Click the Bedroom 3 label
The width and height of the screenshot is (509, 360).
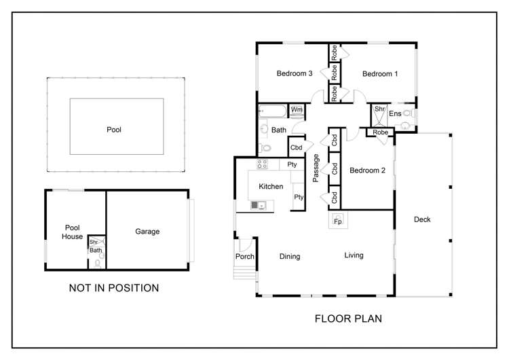pyautogui.click(x=295, y=73)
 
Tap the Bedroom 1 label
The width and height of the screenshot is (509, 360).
pyautogui.click(x=380, y=74)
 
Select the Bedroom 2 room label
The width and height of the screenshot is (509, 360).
pyautogui.click(x=367, y=170)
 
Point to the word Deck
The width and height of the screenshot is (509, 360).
pyautogui.click(x=422, y=219)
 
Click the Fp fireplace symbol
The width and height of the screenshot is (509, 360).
pyautogui.click(x=338, y=219)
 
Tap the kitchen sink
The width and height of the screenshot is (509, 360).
pyautogui.click(x=259, y=205)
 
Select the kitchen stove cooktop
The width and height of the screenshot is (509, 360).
pyautogui.click(x=262, y=164)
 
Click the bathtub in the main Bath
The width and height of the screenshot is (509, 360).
pyautogui.click(x=273, y=111)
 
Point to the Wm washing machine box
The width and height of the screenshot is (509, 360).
pyautogui.click(x=297, y=111)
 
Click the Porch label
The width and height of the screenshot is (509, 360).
pyautogui.click(x=245, y=256)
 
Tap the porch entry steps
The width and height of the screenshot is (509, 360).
pyautogui.click(x=245, y=273)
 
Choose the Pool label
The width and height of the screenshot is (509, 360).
pyautogui.click(x=114, y=130)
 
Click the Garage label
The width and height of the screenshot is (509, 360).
pyautogui.click(x=147, y=232)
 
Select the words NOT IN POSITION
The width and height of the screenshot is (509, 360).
pyautogui.click(x=114, y=288)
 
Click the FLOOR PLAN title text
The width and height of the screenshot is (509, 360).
pyautogui.click(x=348, y=319)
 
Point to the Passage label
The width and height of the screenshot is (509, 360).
pyautogui.click(x=316, y=168)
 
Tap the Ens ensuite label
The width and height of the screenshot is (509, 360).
pyautogui.click(x=395, y=113)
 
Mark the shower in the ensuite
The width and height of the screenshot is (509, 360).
pyautogui.click(x=379, y=115)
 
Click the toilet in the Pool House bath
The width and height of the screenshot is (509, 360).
pyautogui.click(x=97, y=263)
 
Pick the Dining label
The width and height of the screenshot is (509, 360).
pyautogui.click(x=290, y=256)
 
